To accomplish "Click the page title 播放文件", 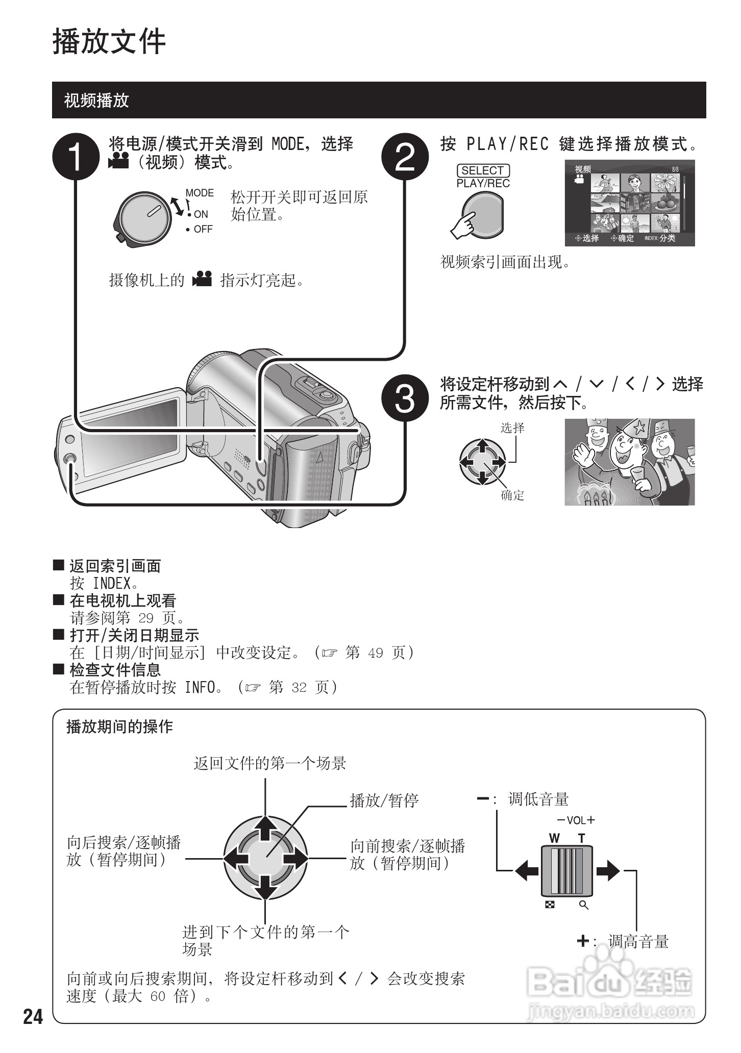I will tap(109, 42).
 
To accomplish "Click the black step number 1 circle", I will tap(76, 157).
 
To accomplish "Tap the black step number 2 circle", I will tap(405, 157).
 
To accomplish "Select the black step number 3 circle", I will tap(405, 398).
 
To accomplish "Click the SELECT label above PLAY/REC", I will tap(483, 170).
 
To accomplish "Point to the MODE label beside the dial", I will tap(200, 193).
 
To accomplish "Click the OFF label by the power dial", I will tap(202, 230).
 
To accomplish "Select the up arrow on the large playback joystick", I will tap(265, 828).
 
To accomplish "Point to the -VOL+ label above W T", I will tap(576, 820).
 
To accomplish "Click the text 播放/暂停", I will tap(384, 800).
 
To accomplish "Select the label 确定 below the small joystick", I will tap(512, 495).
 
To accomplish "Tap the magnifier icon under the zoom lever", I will tap(584, 905).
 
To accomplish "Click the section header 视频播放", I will tap(96, 100).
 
